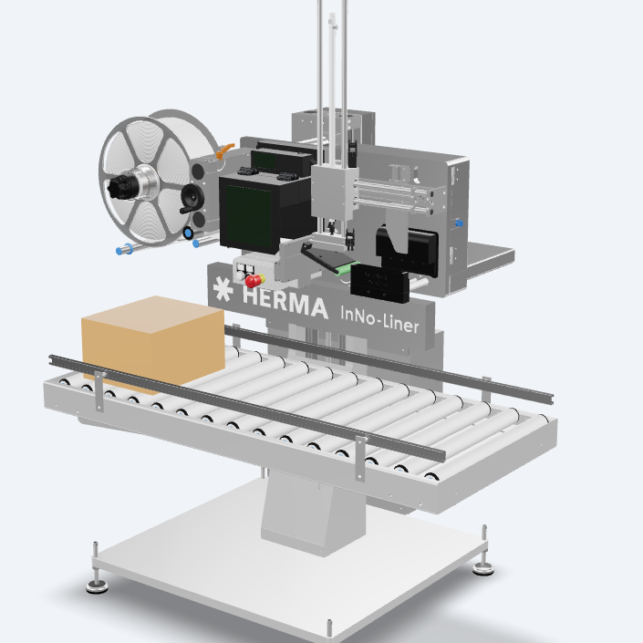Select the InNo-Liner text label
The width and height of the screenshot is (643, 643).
(379, 318)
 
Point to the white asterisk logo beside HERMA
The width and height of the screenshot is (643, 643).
(222, 291)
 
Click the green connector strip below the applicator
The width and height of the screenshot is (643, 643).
(342, 268)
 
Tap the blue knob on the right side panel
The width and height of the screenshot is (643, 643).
(459, 223)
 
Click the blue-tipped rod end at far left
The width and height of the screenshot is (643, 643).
(120, 249)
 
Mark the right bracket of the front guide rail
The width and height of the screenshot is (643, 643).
(362, 461)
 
